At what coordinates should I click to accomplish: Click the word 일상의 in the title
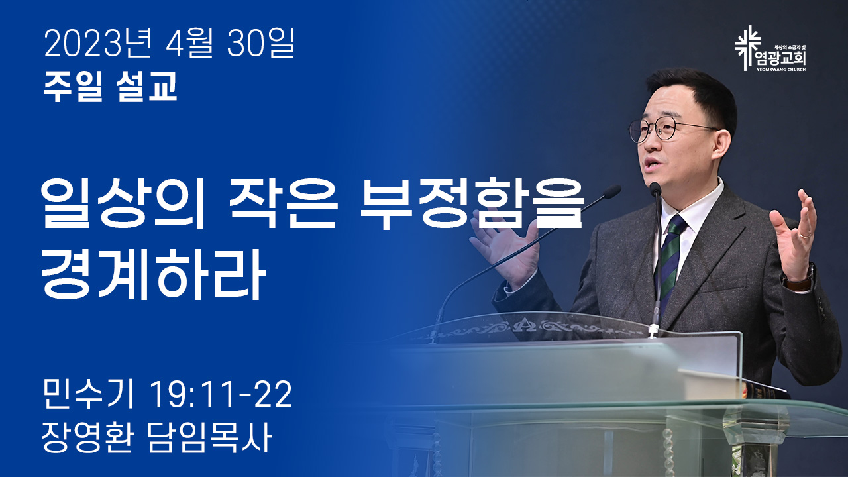[x=123, y=205]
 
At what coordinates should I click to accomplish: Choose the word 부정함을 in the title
[x=471, y=205]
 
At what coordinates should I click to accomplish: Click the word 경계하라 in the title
[x=153, y=274]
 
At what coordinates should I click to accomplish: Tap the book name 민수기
[x=89, y=394]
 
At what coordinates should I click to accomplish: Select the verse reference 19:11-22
[x=221, y=394]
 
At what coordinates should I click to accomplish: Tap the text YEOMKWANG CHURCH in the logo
[x=781, y=70]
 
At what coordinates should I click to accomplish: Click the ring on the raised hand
[x=805, y=235]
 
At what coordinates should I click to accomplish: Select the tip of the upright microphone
[x=655, y=189]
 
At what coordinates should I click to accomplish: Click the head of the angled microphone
[x=611, y=192]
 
